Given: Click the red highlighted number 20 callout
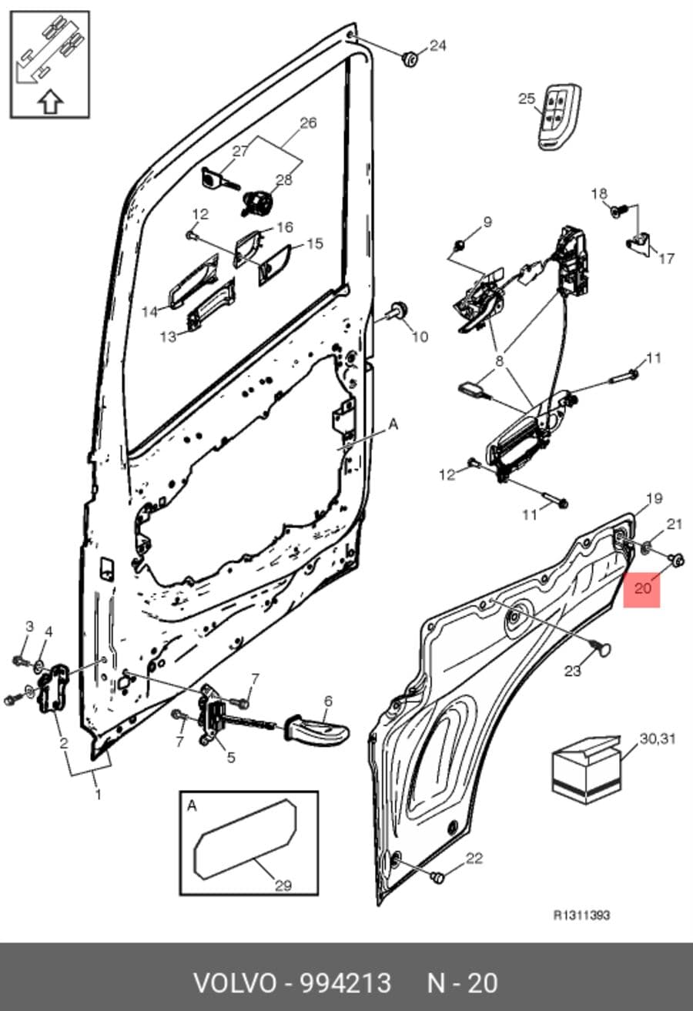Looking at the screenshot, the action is (641, 588).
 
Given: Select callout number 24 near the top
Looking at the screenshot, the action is (437, 46).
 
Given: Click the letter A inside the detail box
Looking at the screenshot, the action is (192, 805).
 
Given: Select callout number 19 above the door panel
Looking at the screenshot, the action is (654, 498).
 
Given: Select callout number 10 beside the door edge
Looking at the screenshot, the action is (420, 336).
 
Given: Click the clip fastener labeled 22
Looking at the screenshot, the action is (437, 878).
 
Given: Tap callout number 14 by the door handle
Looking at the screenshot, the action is (150, 311).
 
